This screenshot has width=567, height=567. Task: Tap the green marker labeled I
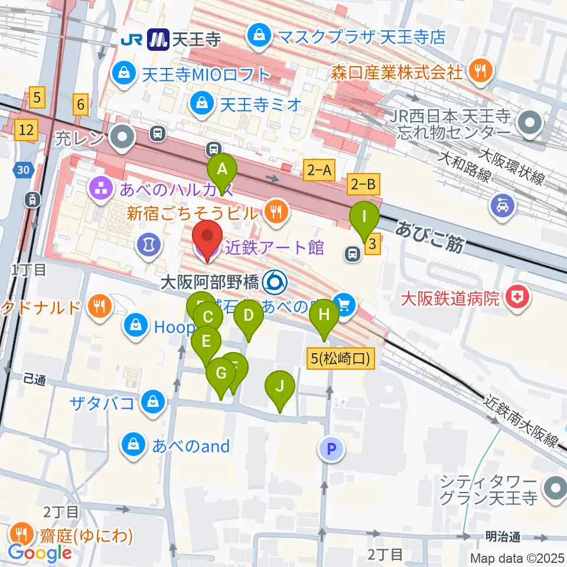coord(365,217)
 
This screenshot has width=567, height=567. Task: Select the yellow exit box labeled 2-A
coord(320,171)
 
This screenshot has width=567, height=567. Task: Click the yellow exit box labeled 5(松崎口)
coord(341,359)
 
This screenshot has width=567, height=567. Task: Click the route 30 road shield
coord(22,170)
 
